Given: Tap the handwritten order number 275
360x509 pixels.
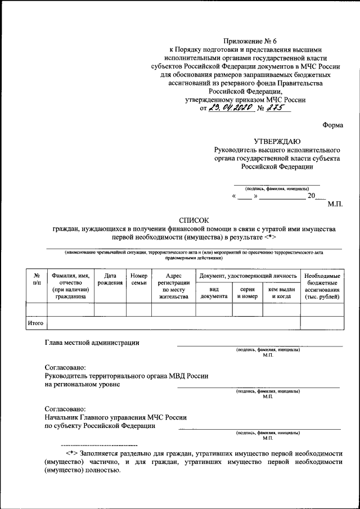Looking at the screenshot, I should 279,109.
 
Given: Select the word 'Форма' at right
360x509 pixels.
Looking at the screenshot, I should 332,125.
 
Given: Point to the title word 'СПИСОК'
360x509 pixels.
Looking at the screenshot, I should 194,221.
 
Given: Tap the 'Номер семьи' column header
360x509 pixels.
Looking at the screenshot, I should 138,280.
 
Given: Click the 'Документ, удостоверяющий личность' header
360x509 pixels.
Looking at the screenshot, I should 247,276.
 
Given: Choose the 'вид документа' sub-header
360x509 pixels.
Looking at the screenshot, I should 214,292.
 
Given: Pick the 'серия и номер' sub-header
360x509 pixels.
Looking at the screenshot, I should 247,292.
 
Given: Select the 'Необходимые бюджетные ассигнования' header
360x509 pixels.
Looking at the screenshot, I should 322,286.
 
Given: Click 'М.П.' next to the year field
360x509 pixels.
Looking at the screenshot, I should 335,205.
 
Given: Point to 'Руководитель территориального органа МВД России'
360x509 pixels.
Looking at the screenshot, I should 127,376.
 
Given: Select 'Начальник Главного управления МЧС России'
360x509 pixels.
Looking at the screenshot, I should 115,417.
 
